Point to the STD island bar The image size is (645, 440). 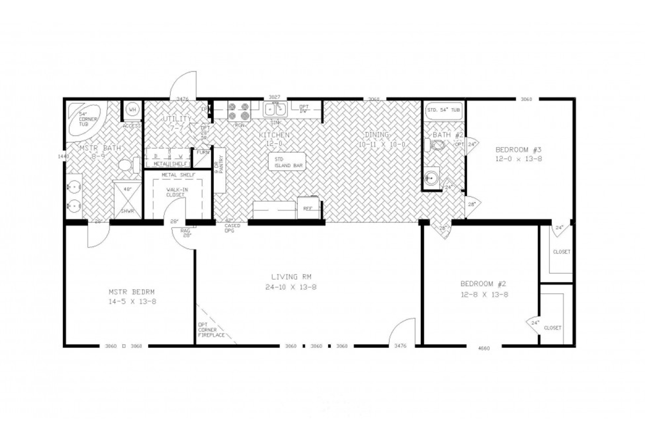pos(285,162)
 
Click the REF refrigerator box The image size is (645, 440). pos(308,208)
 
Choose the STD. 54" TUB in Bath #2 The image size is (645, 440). pos(443,110)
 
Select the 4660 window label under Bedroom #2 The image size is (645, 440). pos(484,348)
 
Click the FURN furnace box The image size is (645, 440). pos(203,152)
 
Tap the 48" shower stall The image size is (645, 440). pos(128,199)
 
